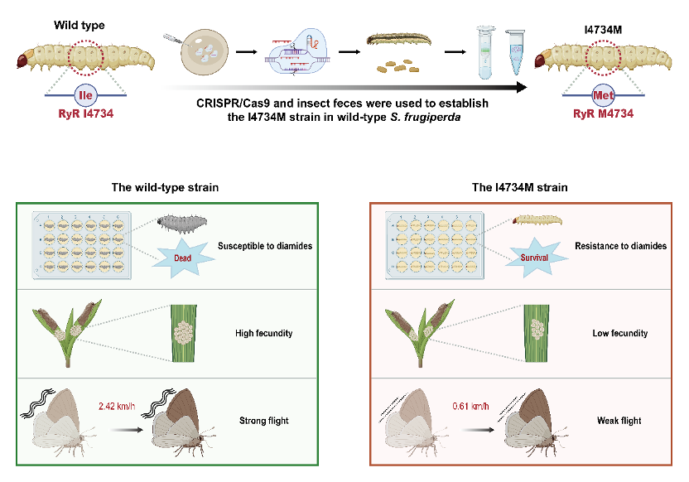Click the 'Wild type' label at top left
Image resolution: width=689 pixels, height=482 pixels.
[79, 26]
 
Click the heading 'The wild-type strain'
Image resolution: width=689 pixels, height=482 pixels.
[166, 187]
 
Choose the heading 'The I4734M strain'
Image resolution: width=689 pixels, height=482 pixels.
[520, 187]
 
